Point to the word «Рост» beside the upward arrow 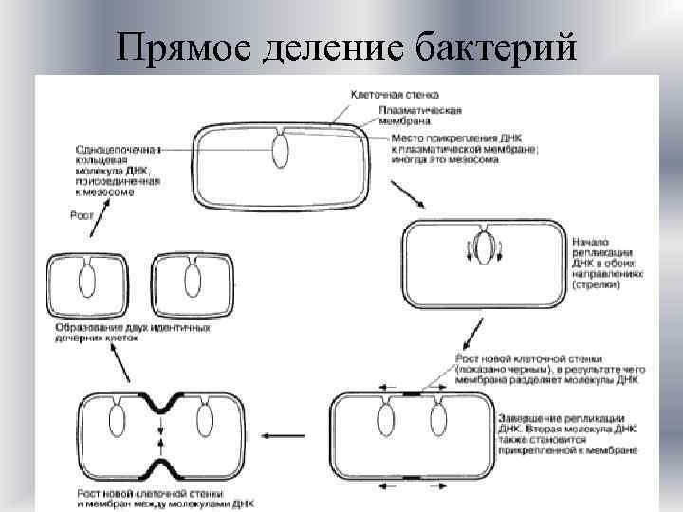pyautogui.click(x=82, y=214)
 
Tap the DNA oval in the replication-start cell pyautogui.click(x=483, y=249)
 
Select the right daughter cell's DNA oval pyautogui.click(x=193, y=282)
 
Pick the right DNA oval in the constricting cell pyautogui.click(x=204, y=417)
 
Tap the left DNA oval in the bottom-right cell pyautogui.click(x=388, y=417)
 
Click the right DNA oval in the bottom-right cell pyautogui.click(x=438, y=417)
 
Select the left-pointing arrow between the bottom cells pyautogui.click(x=280, y=436)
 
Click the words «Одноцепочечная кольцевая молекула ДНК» pyautogui.click(x=119, y=163)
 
